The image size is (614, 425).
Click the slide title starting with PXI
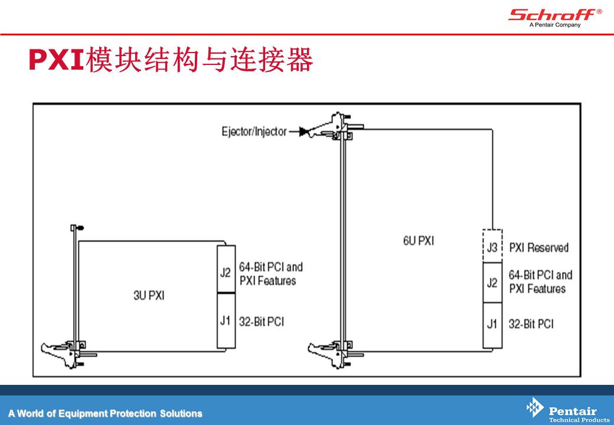pyautogui.click(x=171, y=60)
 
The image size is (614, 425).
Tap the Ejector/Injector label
pyautogui.click(x=254, y=132)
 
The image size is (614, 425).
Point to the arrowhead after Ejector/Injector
pyautogui.click(x=303, y=132)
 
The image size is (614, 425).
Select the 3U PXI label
pyautogui.click(x=149, y=295)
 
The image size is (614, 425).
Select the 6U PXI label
pyautogui.click(x=419, y=241)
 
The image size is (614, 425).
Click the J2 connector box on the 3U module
pyautogui.click(x=226, y=269)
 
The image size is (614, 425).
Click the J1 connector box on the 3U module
pyautogui.click(x=226, y=321)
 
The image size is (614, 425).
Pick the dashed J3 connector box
pyautogui.click(x=492, y=246)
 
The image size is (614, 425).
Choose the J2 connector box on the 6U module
pyautogui.click(x=492, y=283)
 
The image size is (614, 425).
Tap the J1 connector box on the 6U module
pyautogui.click(x=492, y=325)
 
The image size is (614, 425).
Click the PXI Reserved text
pyautogui.click(x=539, y=247)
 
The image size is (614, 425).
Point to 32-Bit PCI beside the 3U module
pyautogui.click(x=262, y=322)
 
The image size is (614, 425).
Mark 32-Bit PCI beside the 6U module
pyautogui.click(x=531, y=323)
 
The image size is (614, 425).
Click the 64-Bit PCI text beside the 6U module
pyautogui.click(x=540, y=274)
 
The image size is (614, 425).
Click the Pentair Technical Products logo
pyautogui.click(x=567, y=410)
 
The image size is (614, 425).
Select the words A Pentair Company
pyautogui.click(x=555, y=25)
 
